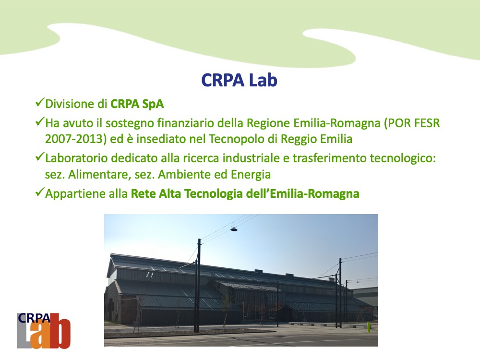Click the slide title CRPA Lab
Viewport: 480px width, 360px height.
(240, 80)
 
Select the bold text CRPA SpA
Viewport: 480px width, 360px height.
(137, 104)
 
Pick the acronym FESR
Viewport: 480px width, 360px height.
(427, 123)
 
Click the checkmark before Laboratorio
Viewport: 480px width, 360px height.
(40, 156)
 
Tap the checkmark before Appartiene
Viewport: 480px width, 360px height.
(40, 192)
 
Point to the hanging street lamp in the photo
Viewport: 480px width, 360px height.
(234, 228)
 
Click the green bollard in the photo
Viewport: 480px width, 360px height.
(369, 326)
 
